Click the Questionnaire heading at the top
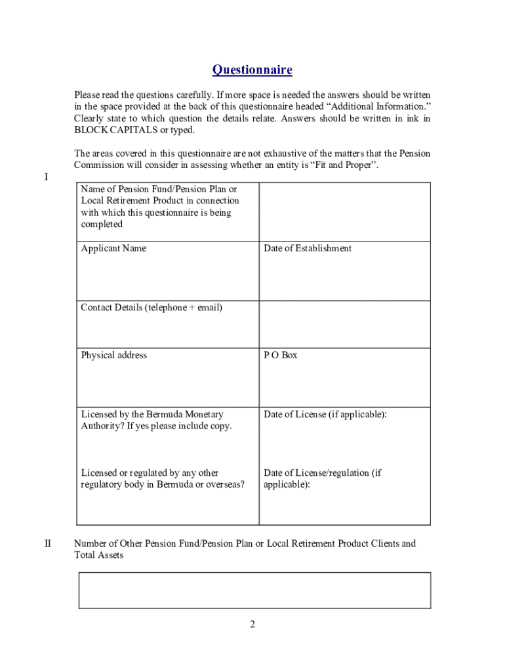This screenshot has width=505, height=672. pyautogui.click(x=253, y=70)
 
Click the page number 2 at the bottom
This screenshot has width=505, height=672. pyautogui.click(x=252, y=624)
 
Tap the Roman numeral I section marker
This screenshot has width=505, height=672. pyautogui.click(x=46, y=177)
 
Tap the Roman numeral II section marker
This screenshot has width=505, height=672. pyautogui.click(x=48, y=543)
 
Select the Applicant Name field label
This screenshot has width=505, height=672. pyautogui.click(x=113, y=248)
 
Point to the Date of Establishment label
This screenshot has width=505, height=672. pyautogui.click(x=308, y=248)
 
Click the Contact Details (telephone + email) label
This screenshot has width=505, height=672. pyautogui.click(x=151, y=307)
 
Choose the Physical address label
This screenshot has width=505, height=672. pyautogui.click(x=113, y=355)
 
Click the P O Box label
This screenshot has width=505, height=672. pyautogui.click(x=280, y=355)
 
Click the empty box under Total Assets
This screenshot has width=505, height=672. pyautogui.click(x=254, y=590)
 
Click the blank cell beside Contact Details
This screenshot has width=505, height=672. pyautogui.click(x=345, y=324)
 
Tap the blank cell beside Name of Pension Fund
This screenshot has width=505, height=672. pyautogui.click(x=345, y=212)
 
